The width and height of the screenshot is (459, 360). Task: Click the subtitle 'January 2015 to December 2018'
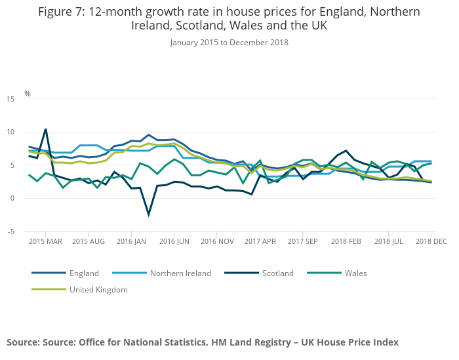229,43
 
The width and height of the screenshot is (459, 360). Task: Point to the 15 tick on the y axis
10,99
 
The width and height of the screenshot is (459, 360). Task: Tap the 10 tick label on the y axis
10,132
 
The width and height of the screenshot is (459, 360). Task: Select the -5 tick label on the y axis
10,231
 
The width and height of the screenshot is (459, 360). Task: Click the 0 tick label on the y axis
12,198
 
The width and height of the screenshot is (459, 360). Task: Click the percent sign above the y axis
28,93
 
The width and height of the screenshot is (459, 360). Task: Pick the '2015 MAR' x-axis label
45,241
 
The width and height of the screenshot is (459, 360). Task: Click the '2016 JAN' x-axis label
131,241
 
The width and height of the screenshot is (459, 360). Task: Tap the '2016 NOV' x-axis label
218,241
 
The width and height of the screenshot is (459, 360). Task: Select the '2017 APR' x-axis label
260,241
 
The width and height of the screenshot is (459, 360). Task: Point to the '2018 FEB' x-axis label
347,241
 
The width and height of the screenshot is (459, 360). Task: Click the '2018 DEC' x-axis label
431,241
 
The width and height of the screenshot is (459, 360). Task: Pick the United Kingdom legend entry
98,289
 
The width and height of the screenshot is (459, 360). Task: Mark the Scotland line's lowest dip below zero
149,214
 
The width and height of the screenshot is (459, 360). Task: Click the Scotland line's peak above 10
45,129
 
